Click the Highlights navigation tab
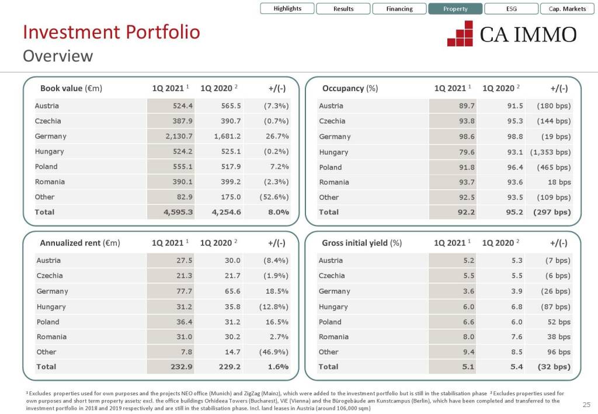pos(287,9)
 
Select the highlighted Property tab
pos(455,9)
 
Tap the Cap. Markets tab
pos(567,9)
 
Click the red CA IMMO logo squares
pos(460,34)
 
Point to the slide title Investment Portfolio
pos(111,32)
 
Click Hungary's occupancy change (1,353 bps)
pos(550,152)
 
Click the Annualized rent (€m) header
pos(79,243)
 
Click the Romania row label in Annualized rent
pos(51,336)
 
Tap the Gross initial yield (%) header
pos(361,243)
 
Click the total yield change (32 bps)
pos(551,367)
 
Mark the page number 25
pos(586,405)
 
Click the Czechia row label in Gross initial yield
pos(332,276)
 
